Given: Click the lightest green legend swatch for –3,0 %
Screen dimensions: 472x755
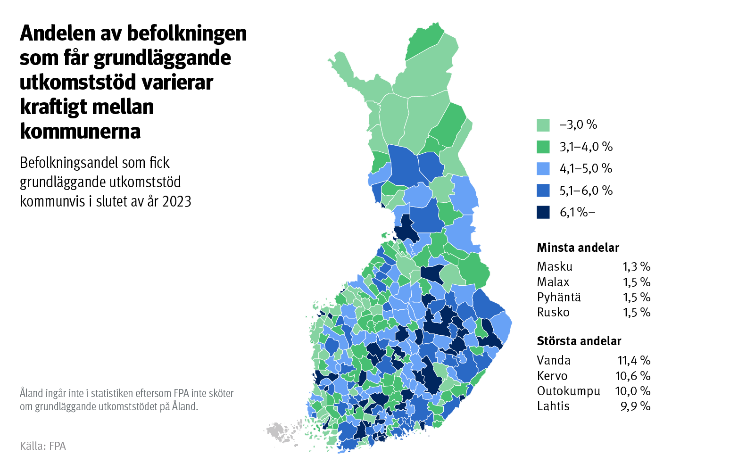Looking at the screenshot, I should pos(543,125).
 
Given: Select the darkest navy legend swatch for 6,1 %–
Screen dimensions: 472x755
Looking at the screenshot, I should pos(543,212).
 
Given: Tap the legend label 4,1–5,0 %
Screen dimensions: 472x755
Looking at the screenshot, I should pos(586,168).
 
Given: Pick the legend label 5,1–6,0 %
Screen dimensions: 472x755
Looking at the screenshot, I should pos(586,190).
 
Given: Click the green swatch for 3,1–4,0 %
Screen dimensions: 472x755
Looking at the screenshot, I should pos(543,147).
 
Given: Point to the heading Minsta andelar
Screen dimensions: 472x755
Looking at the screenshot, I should pos(578,248).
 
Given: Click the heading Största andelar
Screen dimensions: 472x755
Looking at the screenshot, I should pos(579,341).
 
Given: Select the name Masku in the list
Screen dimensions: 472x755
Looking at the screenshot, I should pos(554,266).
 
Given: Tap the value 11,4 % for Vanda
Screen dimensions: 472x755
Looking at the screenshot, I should pos(633,360).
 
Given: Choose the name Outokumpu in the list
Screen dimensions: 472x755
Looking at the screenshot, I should pos(568,391).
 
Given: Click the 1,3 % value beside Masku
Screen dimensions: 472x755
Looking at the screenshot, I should pos(636,266).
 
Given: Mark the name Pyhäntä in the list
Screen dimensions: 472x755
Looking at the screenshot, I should pos(558,297).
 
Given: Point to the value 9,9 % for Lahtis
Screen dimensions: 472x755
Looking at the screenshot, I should pos(635,406).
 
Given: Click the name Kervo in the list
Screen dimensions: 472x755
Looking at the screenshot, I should pos(552,376).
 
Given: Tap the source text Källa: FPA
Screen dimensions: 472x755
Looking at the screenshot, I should pos(43,446).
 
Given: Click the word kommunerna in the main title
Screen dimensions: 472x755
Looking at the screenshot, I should pos(80,131).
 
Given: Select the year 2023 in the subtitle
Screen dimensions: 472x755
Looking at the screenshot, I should pos(176,201).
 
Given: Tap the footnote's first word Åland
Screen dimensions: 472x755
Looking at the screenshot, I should pos(31,393).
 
